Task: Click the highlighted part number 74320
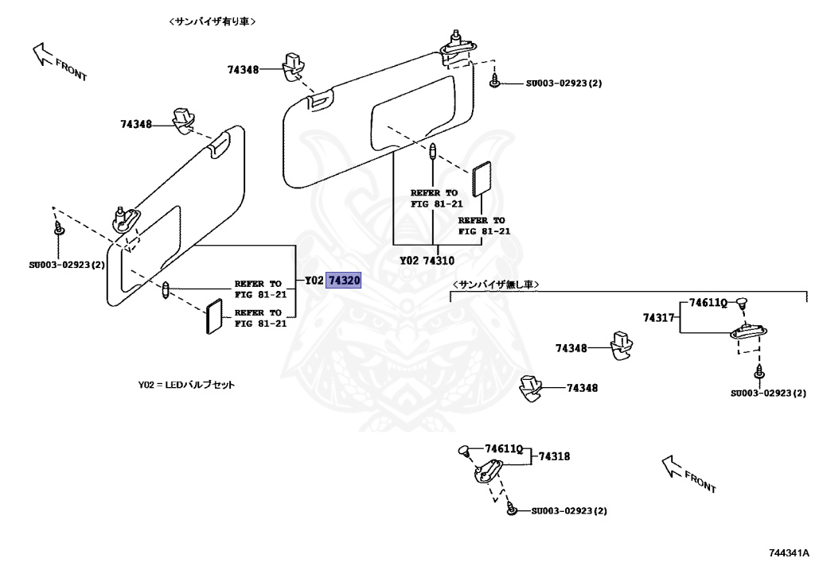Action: (344, 281)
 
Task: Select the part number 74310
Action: (439, 260)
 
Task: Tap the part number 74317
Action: (659, 318)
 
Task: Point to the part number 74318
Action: (554, 456)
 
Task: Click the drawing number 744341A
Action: (788, 552)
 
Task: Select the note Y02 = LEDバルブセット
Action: (186, 385)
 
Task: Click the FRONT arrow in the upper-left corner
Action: (59, 63)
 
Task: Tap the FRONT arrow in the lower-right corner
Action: (689, 474)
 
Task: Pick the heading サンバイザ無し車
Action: (496, 284)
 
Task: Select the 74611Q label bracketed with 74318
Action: (504, 449)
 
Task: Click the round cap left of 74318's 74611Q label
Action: (465, 452)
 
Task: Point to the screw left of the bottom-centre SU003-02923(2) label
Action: (513, 510)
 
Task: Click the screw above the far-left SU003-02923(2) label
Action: (59, 229)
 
